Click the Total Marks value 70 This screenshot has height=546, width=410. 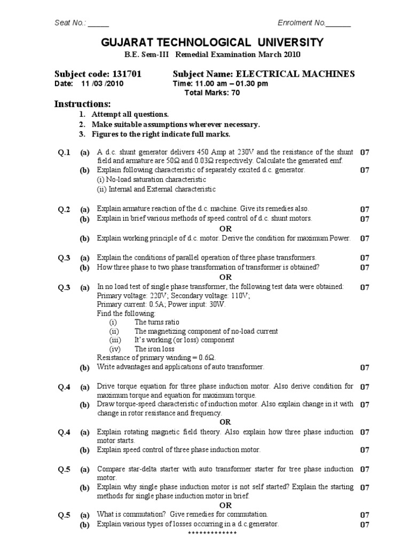click(235, 92)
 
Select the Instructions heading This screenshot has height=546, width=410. click(82, 103)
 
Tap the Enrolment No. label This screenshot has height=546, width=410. click(301, 22)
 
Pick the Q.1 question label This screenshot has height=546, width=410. click(64, 152)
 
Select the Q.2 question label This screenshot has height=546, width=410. click(64, 210)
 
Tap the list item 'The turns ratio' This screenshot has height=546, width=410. click(157, 322)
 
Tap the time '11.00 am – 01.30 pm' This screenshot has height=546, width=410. click(220, 84)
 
